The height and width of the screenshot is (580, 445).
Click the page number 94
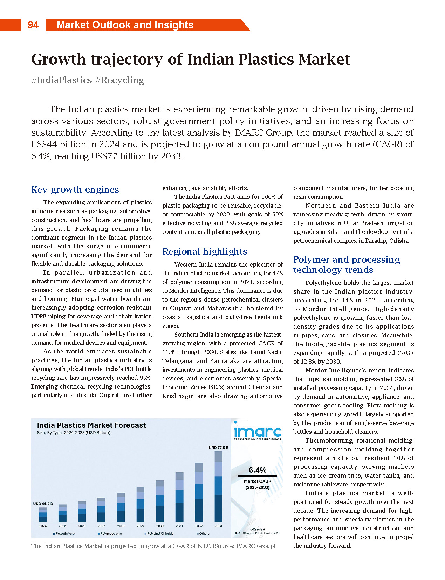click(x=33, y=25)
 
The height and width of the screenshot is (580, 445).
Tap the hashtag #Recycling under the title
click(x=120, y=80)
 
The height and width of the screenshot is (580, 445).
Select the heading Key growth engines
click(x=75, y=190)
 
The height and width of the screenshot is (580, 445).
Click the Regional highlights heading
click(x=205, y=252)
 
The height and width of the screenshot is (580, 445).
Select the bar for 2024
click(x=43, y=515)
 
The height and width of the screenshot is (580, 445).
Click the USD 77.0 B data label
click(x=218, y=447)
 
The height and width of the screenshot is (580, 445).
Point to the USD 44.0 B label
click(x=43, y=504)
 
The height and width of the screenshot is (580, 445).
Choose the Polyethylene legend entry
click(x=65, y=534)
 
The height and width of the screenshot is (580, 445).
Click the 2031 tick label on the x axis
click(x=179, y=526)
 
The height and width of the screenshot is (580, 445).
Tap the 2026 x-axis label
click(x=82, y=526)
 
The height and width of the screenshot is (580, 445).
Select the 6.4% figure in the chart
click(x=258, y=470)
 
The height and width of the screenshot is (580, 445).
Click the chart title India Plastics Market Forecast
click(x=91, y=425)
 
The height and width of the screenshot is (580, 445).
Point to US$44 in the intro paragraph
click(x=43, y=144)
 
